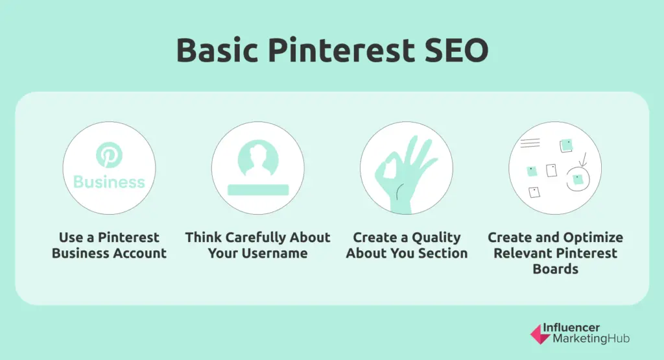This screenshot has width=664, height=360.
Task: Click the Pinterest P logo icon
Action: (109, 156)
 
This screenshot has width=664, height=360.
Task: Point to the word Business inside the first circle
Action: (109, 182)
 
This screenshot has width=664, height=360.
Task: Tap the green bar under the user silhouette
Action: (257, 189)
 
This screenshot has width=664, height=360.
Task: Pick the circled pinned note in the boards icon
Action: (577, 178)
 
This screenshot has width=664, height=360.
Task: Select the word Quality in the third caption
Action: (435, 237)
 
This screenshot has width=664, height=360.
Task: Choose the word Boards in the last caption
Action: (555, 269)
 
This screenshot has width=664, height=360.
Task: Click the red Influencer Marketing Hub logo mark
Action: (539, 333)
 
